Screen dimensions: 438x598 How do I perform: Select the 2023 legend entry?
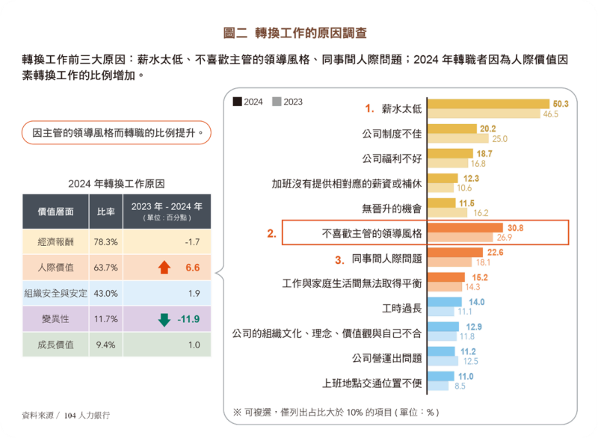click(x=287, y=102)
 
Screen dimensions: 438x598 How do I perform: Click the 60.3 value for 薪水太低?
click(x=561, y=103)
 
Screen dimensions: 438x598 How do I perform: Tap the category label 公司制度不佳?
click(x=392, y=134)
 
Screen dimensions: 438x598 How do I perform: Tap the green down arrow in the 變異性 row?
click(x=164, y=320)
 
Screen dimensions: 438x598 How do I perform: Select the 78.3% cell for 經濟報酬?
click(x=105, y=241)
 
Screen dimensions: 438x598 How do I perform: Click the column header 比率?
click(x=105, y=212)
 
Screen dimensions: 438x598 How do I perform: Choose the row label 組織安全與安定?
click(x=55, y=294)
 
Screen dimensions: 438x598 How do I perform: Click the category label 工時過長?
click(x=401, y=307)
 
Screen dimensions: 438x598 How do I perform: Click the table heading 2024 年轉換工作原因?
click(x=116, y=183)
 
